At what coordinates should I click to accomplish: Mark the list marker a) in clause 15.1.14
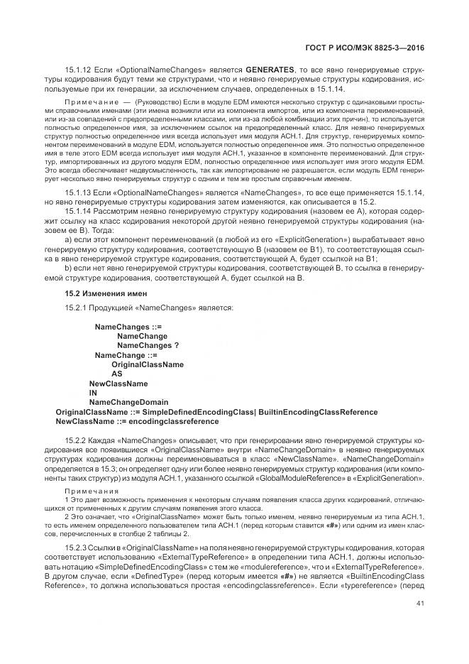(x=69, y=241)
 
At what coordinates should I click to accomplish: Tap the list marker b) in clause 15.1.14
(x=69, y=268)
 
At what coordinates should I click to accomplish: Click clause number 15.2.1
(x=76, y=307)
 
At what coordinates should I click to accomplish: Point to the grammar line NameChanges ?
(x=148, y=344)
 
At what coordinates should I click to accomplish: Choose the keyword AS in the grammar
(x=116, y=374)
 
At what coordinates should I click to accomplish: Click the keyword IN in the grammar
(x=92, y=393)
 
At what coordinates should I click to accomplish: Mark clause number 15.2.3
(x=76, y=549)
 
